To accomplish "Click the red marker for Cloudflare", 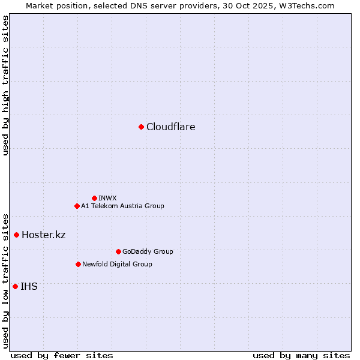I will click(141, 127).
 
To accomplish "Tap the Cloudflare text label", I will click(171, 127).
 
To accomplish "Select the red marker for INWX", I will click(94, 198).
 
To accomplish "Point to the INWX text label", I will click(108, 198).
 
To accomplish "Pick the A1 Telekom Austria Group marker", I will click(77, 206).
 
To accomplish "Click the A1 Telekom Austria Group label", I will click(122, 206).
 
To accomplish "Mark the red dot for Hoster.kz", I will click(16, 235).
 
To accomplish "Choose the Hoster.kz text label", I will click(43, 235).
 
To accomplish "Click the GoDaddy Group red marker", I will click(118, 251).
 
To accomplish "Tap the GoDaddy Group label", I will click(148, 251).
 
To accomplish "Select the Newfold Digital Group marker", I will click(78, 264).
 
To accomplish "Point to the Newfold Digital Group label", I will click(117, 264).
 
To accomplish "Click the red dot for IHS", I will click(15, 286).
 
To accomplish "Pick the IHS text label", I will click(29, 286).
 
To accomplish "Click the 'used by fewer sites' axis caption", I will click(62, 355).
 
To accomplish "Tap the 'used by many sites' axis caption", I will click(301, 355).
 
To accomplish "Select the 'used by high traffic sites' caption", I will click(5, 85).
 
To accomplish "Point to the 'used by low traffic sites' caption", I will click(5, 280).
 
